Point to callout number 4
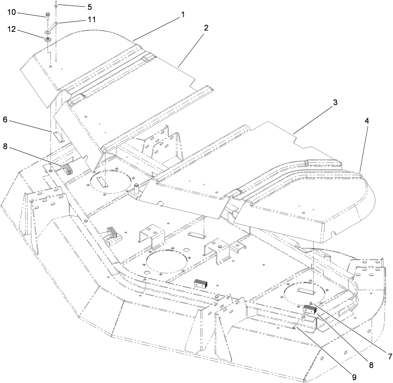coord(367,121)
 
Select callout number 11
coord(92,20)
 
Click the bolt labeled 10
coord(48,16)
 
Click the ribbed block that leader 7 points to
coord(309,309)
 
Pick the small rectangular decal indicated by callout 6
coord(58,136)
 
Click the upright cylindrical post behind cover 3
coord(136,188)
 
